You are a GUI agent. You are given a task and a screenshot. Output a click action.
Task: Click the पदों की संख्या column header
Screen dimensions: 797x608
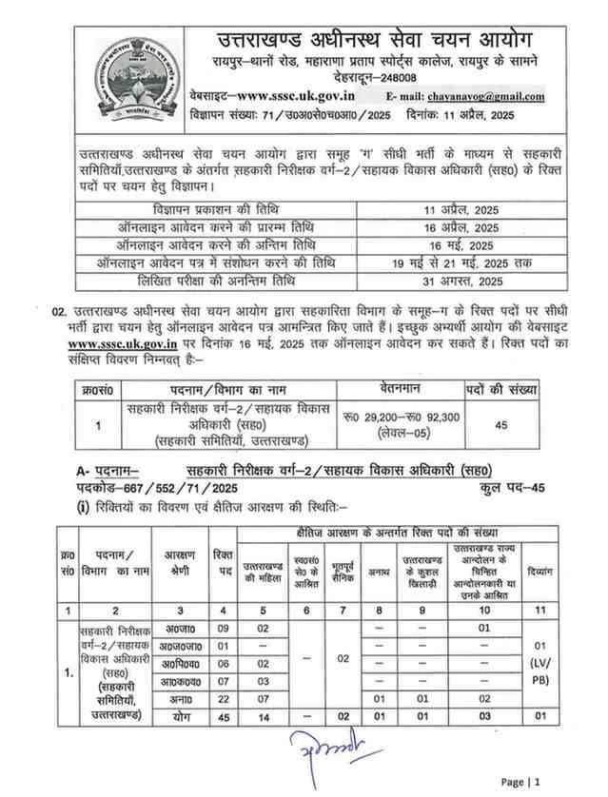point(500,389)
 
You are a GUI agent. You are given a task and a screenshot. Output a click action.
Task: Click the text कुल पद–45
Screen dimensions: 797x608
point(514,487)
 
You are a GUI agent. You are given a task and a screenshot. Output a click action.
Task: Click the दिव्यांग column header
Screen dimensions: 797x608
point(539,573)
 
